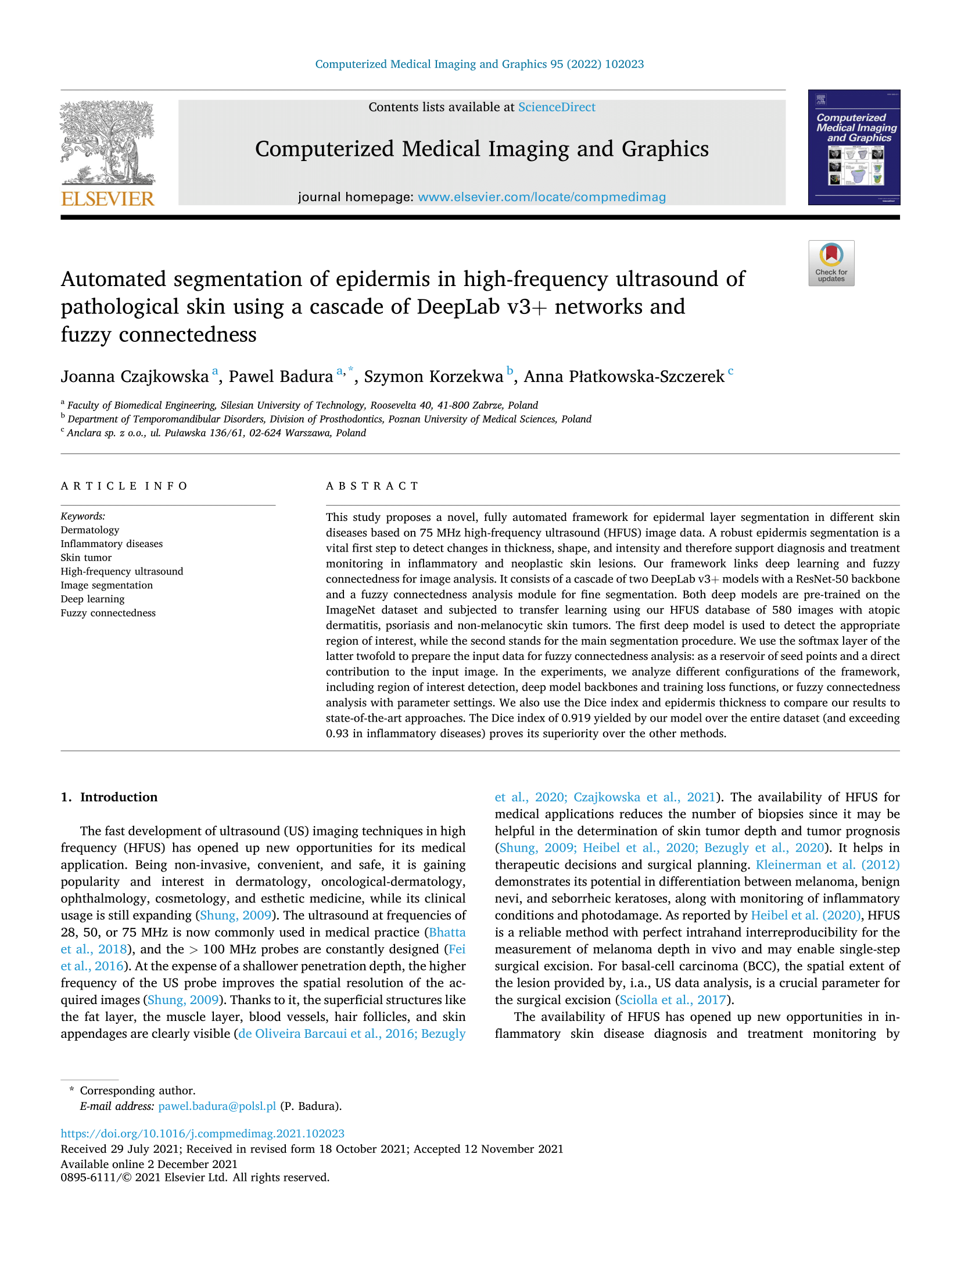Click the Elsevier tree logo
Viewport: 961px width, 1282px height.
[107, 142]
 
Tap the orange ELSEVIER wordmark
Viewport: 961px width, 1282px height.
[107, 199]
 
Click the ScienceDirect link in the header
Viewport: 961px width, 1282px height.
[556, 107]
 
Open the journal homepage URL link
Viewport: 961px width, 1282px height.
[542, 197]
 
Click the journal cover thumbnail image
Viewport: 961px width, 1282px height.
[854, 148]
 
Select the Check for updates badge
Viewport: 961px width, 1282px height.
[831, 263]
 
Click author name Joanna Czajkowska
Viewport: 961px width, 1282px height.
[135, 377]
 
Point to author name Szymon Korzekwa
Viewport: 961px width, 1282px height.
[433, 377]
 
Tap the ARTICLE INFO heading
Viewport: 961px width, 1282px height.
[124, 486]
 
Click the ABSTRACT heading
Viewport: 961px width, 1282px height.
[372, 486]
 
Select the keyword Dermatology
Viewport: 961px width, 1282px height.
[90, 530]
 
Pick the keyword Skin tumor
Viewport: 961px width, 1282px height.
[86, 558]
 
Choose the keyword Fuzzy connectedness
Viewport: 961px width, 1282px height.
[108, 613]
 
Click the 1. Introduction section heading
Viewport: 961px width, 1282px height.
[109, 797]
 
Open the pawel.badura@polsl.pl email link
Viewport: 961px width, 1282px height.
[217, 1106]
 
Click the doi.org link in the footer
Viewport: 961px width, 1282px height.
[202, 1133]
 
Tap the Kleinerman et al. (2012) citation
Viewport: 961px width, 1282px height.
[827, 865]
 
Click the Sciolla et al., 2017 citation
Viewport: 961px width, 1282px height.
[673, 999]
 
